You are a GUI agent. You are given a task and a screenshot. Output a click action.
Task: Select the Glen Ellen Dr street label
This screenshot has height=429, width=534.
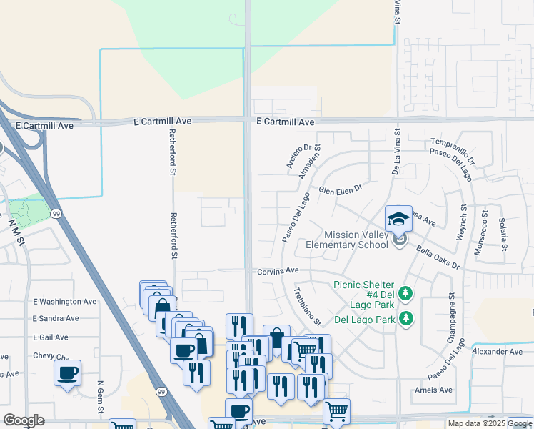341,190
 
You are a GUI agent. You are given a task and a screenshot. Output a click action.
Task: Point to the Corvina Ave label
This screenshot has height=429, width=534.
278,271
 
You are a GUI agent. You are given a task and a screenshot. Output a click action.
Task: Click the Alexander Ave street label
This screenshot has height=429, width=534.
498,351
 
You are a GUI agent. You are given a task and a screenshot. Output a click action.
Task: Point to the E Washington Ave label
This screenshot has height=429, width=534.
65,302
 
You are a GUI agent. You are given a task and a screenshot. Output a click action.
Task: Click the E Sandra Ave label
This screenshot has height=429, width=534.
56,318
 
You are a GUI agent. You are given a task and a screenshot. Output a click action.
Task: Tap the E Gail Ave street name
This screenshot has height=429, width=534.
51,337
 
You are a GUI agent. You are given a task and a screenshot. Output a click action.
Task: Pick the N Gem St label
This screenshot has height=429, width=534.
100,398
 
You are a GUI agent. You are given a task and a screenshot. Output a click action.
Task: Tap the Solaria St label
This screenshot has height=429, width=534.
503,234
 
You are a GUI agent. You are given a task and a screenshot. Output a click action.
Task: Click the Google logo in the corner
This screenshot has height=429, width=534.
24,420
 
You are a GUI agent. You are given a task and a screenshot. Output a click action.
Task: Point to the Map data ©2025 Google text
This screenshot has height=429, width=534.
490,423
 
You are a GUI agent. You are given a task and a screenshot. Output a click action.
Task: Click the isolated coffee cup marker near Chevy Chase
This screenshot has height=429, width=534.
67,373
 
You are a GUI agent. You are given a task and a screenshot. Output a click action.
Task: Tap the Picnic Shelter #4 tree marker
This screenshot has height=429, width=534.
405,293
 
